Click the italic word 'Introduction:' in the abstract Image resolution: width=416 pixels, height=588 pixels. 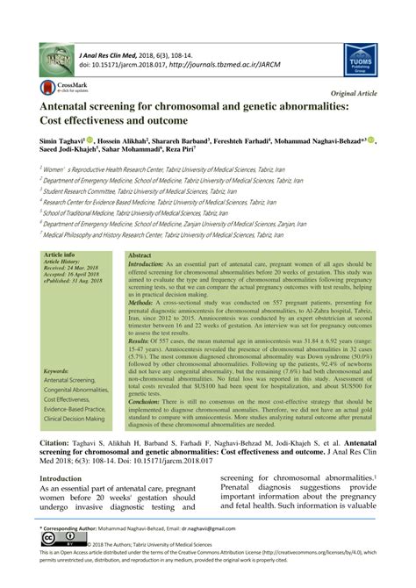[152, 263]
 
